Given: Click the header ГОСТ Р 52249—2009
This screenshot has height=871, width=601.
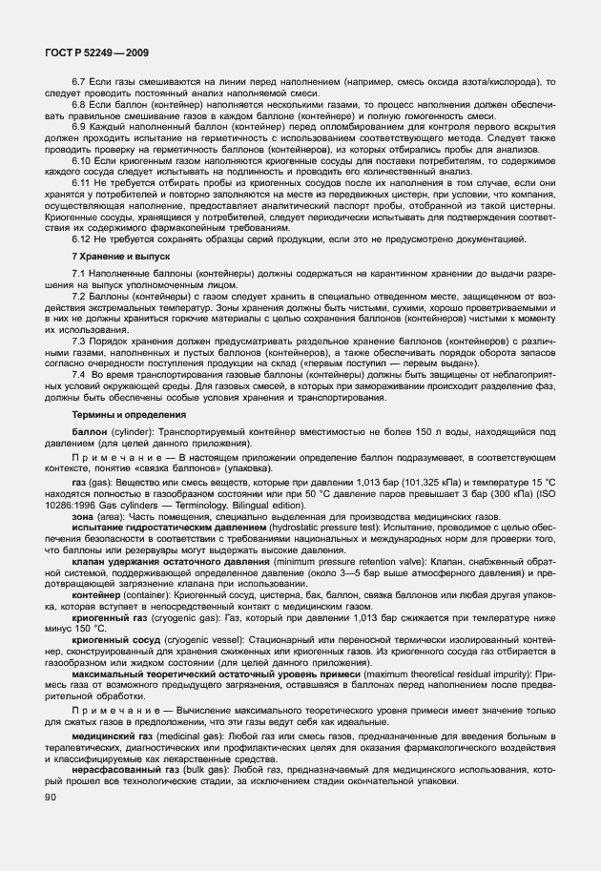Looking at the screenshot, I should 95,53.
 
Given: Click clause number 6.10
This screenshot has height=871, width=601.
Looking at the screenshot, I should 82,162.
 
